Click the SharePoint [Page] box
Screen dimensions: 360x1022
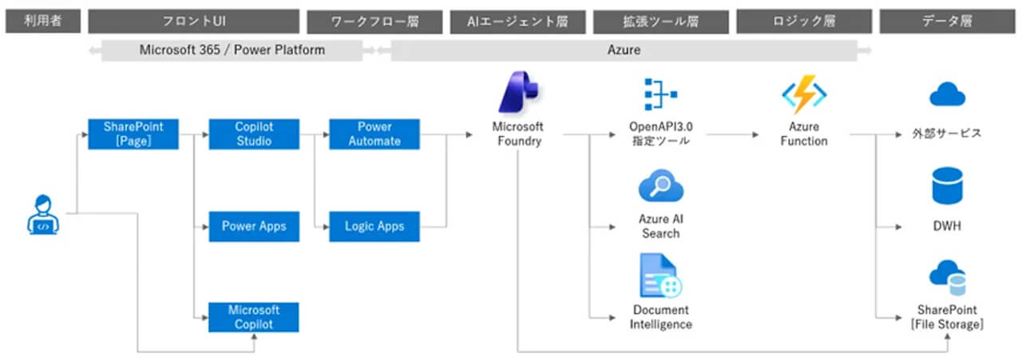click(133, 134)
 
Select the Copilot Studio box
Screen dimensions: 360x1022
click(253, 134)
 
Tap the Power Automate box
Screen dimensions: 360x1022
click(374, 134)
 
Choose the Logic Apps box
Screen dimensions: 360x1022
click(374, 226)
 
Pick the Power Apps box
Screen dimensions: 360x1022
click(253, 226)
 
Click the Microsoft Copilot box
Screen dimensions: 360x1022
click(253, 317)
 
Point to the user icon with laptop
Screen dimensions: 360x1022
click(44, 214)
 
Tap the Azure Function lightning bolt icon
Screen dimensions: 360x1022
click(803, 94)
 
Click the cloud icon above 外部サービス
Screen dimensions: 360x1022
click(948, 96)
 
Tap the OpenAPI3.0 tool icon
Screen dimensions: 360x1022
click(660, 94)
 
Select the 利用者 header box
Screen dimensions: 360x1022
click(44, 22)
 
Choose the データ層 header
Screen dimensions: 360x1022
click(947, 22)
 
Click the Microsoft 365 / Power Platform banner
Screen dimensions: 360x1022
click(232, 49)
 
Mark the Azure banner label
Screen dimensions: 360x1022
click(624, 49)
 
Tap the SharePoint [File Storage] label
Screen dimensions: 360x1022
click(948, 317)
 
